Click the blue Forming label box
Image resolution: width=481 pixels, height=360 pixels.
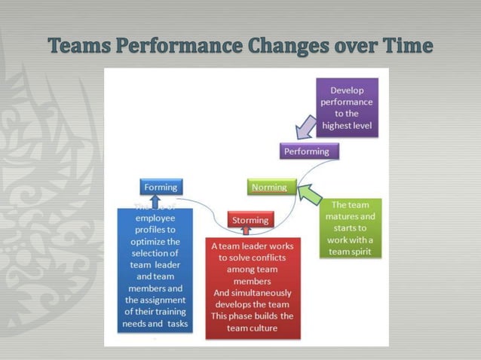(161, 187)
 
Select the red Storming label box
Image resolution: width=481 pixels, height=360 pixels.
(250, 220)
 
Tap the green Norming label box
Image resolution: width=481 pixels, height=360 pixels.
(269, 187)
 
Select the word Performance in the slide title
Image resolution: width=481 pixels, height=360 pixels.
(179, 47)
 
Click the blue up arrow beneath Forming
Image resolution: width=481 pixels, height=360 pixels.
(155, 201)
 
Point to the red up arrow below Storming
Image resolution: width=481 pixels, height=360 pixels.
(246, 230)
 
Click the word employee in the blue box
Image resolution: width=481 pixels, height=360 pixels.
(155, 218)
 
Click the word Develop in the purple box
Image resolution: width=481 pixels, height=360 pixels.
(347, 90)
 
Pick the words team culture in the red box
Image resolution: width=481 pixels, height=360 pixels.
(253, 328)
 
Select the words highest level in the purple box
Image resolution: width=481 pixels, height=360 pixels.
(347, 124)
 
